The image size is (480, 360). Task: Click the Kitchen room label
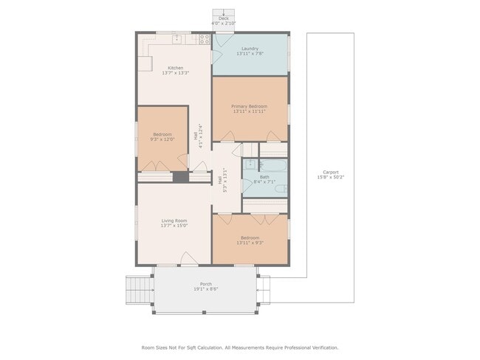coord(175,68)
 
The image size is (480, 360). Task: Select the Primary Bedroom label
coord(249,106)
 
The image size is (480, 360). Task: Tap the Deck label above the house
coord(223,18)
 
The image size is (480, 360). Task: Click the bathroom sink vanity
coord(250,165)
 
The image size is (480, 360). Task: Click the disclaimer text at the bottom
coord(239,347)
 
